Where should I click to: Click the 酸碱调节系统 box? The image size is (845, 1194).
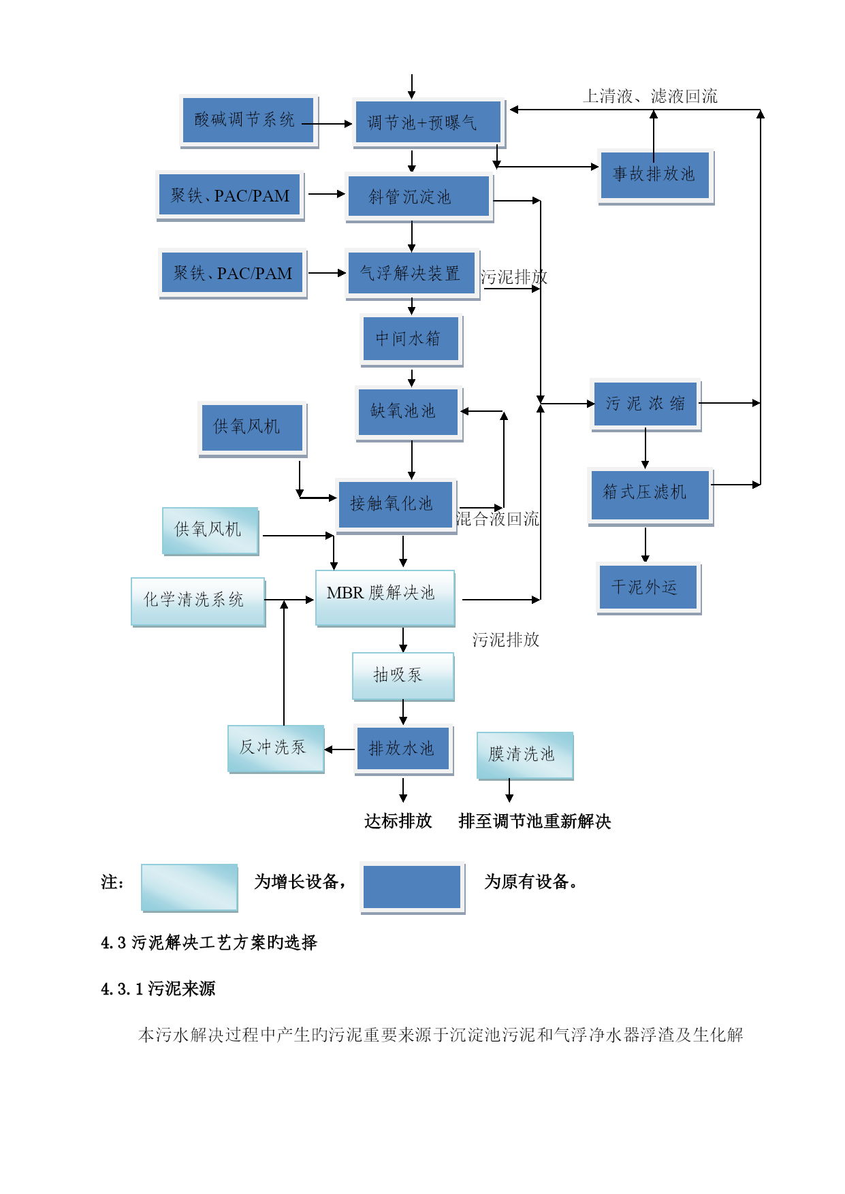click(x=249, y=120)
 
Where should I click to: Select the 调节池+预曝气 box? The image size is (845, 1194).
click(x=428, y=123)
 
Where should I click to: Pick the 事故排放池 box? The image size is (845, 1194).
click(x=655, y=175)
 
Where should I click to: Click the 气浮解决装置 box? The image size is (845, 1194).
click(x=411, y=274)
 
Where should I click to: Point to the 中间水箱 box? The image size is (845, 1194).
click(x=411, y=339)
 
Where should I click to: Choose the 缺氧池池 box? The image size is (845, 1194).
click(x=408, y=412)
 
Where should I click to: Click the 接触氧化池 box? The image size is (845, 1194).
click(x=396, y=504)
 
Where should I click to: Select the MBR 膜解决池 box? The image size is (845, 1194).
click(x=385, y=597)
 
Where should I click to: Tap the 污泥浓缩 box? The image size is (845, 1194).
click(x=645, y=404)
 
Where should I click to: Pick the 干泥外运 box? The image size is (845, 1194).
click(x=648, y=587)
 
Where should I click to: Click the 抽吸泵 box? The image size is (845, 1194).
click(x=402, y=675)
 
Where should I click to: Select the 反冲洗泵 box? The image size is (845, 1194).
click(x=275, y=748)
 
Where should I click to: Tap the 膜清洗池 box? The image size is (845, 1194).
click(x=524, y=754)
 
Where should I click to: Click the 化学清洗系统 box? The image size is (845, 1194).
click(x=197, y=600)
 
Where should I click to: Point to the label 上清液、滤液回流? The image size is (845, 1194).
click(x=650, y=96)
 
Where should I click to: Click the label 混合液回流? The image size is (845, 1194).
click(x=497, y=519)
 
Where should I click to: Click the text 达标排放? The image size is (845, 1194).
click(x=398, y=821)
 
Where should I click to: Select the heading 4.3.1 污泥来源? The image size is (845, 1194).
click(x=158, y=988)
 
